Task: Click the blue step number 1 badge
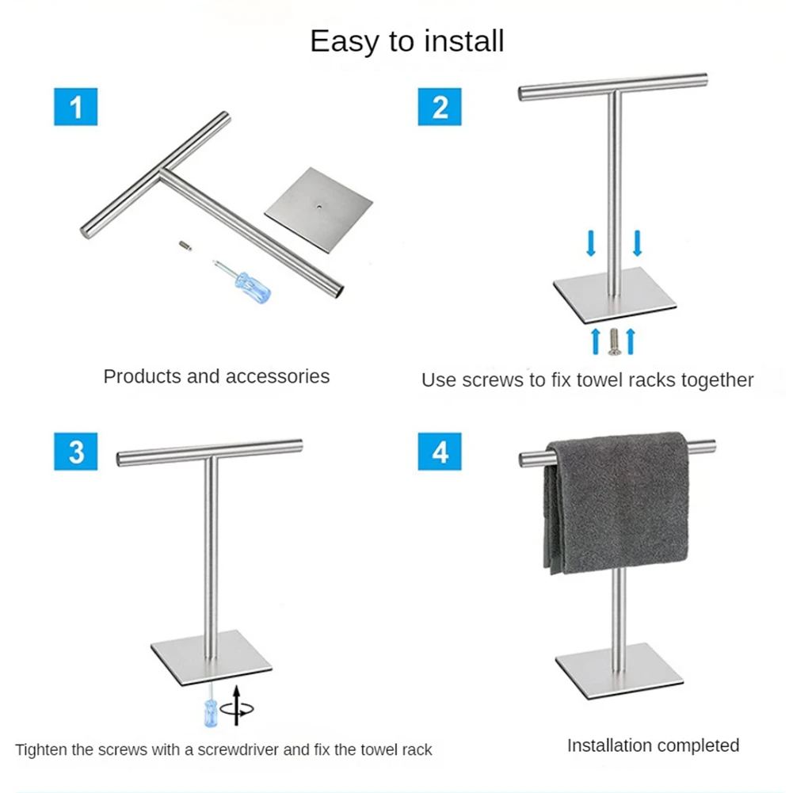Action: [x=76, y=107]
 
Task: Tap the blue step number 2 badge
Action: [x=440, y=107]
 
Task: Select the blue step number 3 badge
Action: [x=76, y=452]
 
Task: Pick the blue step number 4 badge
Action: [x=440, y=452]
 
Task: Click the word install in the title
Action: [x=463, y=40]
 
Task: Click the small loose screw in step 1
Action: [x=185, y=246]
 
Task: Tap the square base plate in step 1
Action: [x=318, y=211]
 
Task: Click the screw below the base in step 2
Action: [x=615, y=342]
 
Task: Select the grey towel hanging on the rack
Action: [x=616, y=503]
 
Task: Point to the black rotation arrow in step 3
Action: [x=237, y=706]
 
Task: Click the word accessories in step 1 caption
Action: [x=277, y=376]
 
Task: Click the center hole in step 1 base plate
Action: [x=320, y=206]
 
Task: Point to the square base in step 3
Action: [x=212, y=658]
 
